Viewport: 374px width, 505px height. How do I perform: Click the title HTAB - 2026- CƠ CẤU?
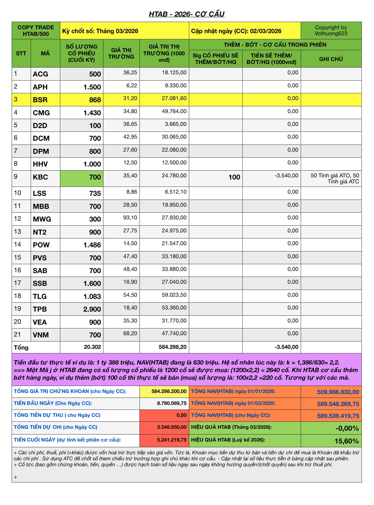tap(186, 14)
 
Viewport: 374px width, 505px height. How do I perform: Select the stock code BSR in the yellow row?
tap(40, 100)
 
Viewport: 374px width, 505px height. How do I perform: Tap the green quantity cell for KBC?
tap(82, 178)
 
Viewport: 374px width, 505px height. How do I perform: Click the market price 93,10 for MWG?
tap(130, 218)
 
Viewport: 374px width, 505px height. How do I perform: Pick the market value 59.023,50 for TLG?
tap(174, 295)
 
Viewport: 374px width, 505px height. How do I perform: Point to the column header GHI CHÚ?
tap(331, 59)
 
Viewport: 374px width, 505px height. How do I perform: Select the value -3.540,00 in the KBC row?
tap(286, 176)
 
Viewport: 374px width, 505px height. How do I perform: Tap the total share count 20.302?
tap(92, 347)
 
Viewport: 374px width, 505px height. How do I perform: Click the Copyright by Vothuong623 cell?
tap(331, 30)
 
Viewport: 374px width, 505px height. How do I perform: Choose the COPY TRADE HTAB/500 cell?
tap(36, 30)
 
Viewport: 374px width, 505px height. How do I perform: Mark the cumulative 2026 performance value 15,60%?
tap(347, 441)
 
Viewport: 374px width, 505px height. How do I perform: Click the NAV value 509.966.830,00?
tap(338, 392)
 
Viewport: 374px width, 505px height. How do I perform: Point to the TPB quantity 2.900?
tap(92, 309)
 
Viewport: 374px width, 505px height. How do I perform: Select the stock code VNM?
tap(41, 335)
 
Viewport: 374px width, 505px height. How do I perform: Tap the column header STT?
tap(21, 53)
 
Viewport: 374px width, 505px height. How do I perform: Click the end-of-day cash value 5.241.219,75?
tap(172, 440)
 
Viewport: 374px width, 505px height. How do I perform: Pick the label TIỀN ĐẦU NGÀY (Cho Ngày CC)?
tap(53, 403)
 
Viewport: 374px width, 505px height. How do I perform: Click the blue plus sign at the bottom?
tap(15, 477)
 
